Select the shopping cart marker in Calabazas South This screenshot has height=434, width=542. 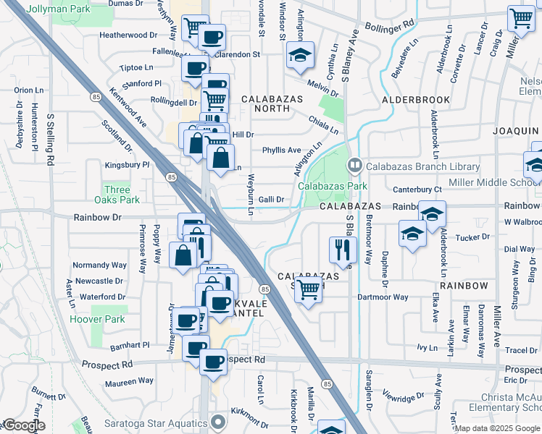point(309,289)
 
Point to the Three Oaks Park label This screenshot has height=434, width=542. point(117,195)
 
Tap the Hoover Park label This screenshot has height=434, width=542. point(97,319)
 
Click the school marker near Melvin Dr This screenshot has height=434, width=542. point(299,56)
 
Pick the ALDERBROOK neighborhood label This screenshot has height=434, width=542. point(417,100)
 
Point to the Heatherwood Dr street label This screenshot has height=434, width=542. point(128,34)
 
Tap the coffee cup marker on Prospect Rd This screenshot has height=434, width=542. point(213,362)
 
